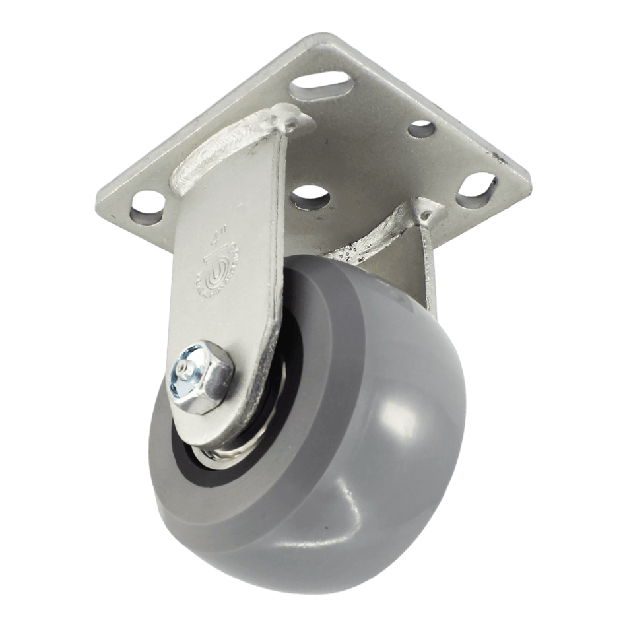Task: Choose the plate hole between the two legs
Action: pos(310,193)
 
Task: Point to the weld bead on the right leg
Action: pos(370,238)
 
